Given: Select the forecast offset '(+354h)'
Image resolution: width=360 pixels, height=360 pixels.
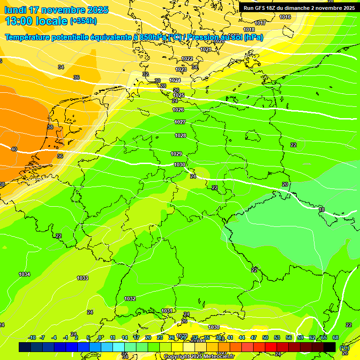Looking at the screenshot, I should (x=83, y=21).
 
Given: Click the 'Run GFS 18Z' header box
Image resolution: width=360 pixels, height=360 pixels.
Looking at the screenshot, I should (x=299, y=7).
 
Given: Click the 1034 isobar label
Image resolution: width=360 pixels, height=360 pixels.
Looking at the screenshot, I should (x=24, y=274).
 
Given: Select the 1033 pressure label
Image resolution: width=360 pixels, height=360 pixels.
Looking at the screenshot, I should (x=82, y=278).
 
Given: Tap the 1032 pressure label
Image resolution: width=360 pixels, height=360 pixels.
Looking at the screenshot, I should (x=130, y=299).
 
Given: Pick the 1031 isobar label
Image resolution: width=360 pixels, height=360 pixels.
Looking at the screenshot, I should (x=167, y=311).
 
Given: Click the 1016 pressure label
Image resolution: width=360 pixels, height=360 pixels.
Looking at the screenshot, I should (x=285, y=17).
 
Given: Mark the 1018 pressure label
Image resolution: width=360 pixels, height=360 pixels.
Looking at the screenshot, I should (x=249, y=30).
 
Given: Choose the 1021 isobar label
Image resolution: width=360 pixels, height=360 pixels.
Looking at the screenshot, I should (x=206, y=49).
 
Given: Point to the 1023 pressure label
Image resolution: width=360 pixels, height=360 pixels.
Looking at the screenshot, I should (x=181, y=69).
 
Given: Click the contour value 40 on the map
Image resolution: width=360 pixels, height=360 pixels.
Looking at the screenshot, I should (x=14, y=149).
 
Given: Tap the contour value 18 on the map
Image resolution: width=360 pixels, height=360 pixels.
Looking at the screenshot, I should (x=322, y=210).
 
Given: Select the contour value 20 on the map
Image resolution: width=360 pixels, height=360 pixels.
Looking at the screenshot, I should (x=285, y=184).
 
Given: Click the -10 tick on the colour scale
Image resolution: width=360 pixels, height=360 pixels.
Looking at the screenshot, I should (x=32, y=337).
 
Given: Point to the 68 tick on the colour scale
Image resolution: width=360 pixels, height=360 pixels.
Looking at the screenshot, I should (x=336, y=337).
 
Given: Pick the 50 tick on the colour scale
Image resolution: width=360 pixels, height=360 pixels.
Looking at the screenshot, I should (x=265, y=337).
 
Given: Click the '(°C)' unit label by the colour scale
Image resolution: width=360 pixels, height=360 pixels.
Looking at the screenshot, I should (x=344, y=348).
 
